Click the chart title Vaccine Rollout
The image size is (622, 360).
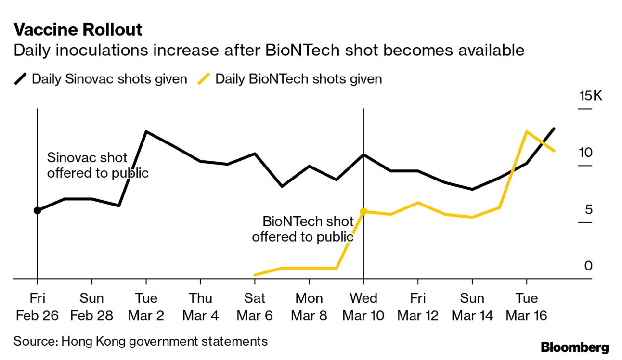[78, 30]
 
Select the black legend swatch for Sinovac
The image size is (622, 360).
[21, 79]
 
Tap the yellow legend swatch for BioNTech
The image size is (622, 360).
[204, 79]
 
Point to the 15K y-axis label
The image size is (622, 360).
[590, 96]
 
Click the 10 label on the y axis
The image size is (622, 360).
[586, 153]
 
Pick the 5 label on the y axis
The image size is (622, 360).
[588, 209]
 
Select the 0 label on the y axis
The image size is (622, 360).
[588, 266]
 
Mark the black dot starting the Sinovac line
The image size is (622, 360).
[37, 210]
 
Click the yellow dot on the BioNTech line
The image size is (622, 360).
[363, 211]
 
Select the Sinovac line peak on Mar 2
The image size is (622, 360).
[146, 131]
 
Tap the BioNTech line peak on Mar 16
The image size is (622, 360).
[527, 131]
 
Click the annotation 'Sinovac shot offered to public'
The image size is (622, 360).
[97, 165]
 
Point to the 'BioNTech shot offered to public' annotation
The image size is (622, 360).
[303, 229]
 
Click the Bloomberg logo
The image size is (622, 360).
[574, 347]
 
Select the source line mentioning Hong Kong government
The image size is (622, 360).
[140, 341]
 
